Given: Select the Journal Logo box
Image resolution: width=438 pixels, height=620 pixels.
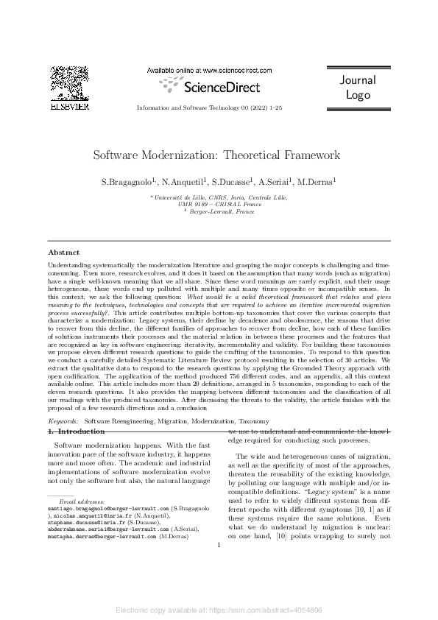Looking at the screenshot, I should (x=358, y=88).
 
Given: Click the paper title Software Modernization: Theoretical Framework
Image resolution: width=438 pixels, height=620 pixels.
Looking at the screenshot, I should (x=216, y=155).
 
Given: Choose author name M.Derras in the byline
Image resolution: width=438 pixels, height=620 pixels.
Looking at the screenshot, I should (x=314, y=181).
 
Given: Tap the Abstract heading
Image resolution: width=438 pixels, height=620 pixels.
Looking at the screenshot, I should (x=65, y=252).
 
